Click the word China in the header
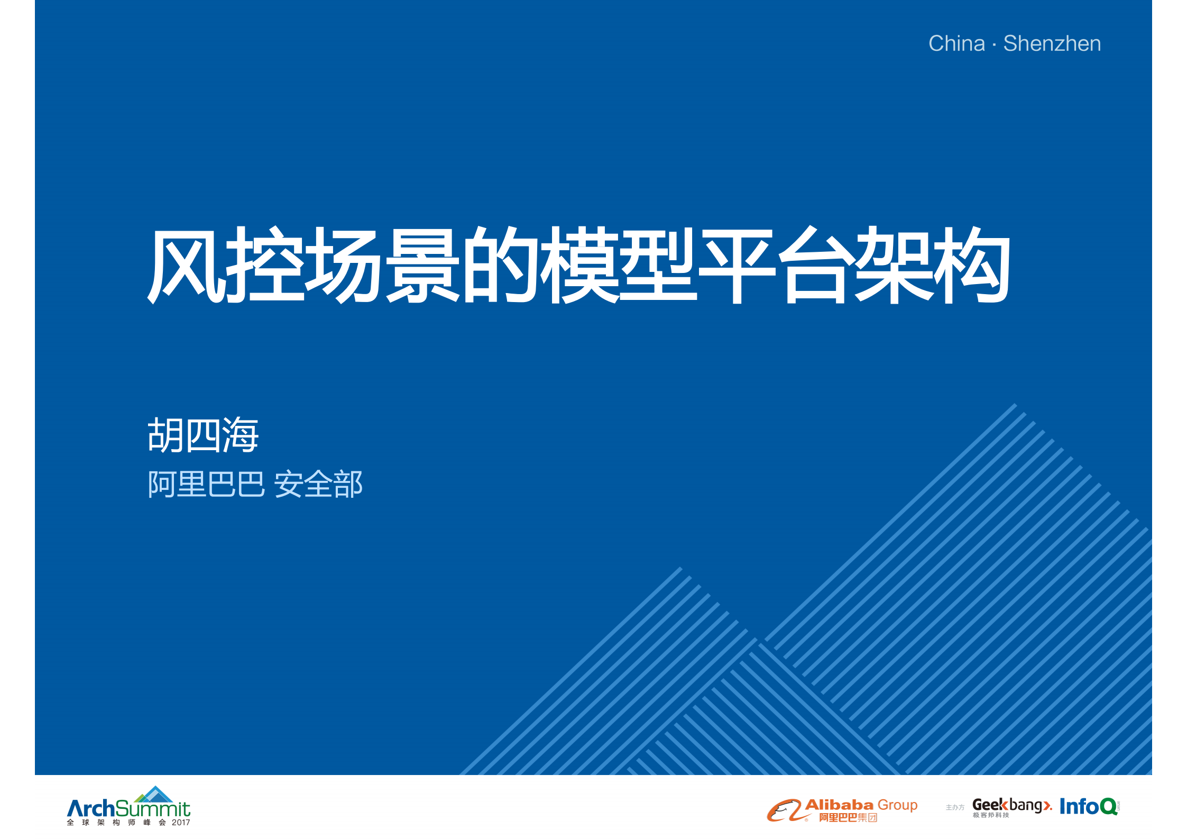[x=956, y=43]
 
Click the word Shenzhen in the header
[x=1052, y=43]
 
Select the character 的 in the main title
[x=500, y=265]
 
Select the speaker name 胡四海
[x=203, y=435]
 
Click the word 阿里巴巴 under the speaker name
[x=206, y=484]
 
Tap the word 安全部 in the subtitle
[x=318, y=484]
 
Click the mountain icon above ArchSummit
[x=154, y=795]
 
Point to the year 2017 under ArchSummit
[x=181, y=823]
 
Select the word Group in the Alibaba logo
[x=897, y=805]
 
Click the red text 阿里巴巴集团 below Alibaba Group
[x=848, y=818]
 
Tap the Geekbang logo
[x=1011, y=805]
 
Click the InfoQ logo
[x=1088, y=807]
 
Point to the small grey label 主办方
[x=955, y=807]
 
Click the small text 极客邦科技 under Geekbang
[x=991, y=815]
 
